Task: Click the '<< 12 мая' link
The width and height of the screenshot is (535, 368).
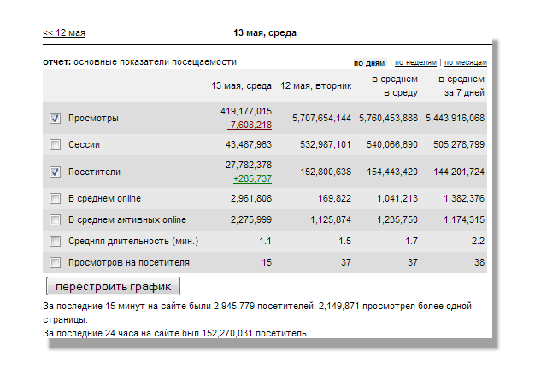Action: point(64,33)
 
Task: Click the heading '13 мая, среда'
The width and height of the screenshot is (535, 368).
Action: point(265,33)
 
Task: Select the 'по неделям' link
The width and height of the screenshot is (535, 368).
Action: point(415,63)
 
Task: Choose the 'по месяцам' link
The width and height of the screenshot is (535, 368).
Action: point(466,63)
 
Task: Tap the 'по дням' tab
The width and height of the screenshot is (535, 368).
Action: point(369,63)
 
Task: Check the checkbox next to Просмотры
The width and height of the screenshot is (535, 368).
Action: point(56,118)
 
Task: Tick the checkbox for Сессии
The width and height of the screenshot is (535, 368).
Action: point(56,145)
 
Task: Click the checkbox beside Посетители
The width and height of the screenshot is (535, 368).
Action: point(56,172)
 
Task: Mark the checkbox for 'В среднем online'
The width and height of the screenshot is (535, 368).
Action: point(56,199)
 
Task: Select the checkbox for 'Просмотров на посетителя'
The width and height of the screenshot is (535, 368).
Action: point(56,262)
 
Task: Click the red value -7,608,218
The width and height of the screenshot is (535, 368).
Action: point(250,125)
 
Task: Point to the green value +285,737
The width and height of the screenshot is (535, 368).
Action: point(252,178)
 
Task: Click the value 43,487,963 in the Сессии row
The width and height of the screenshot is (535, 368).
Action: point(245,145)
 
